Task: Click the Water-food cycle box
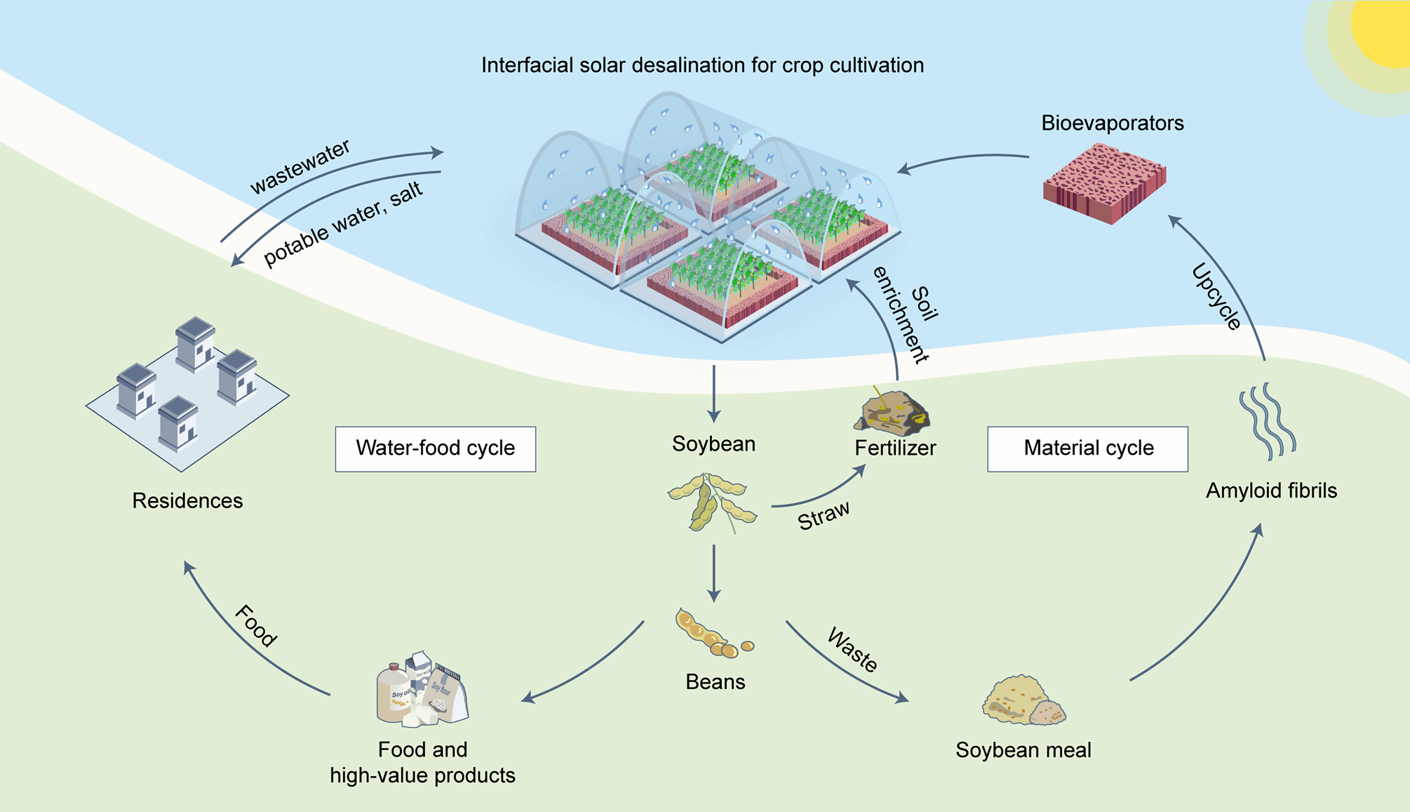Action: click(435, 448)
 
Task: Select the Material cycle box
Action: click(1087, 448)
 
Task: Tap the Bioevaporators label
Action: click(1112, 123)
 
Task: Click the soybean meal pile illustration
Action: click(1023, 701)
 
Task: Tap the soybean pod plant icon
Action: click(711, 503)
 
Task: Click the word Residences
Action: click(187, 500)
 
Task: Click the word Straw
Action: click(824, 515)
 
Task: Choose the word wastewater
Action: click(300, 167)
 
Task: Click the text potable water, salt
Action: click(343, 224)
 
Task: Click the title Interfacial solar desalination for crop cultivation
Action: click(702, 65)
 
